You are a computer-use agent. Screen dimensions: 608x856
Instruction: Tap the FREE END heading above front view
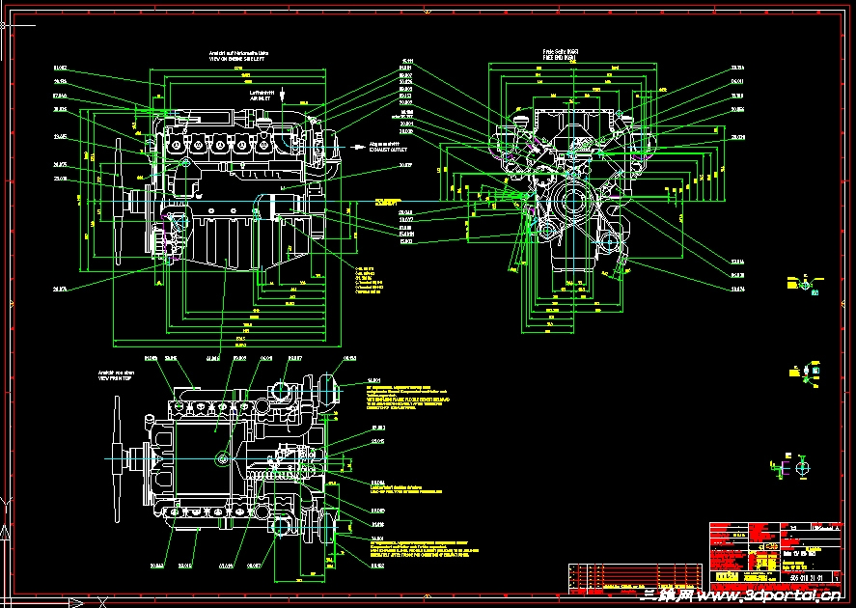pos(559,58)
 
